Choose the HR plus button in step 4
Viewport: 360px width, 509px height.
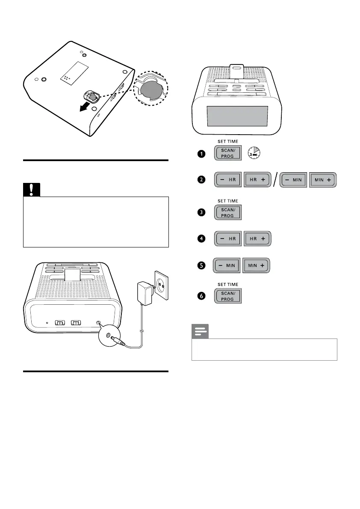coord(257,238)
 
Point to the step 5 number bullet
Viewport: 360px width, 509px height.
coord(200,266)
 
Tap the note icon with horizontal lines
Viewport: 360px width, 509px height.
coord(200,332)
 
